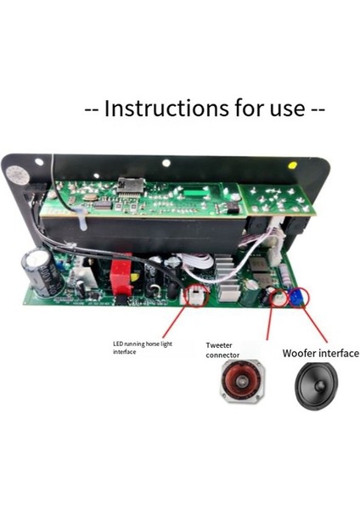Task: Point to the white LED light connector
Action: (194, 296)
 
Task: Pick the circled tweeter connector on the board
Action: (275, 297)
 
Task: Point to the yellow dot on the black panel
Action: (293, 165)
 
